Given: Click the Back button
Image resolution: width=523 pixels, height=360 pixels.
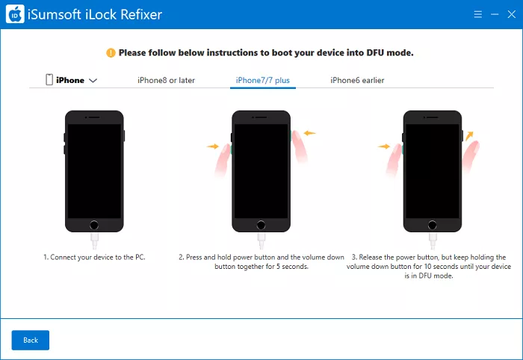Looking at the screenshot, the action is pos(31,340).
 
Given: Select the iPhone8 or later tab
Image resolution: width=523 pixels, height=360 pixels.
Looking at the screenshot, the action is pos(166,81).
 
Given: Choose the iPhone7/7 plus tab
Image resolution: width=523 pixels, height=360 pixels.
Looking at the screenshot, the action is pos(263,81).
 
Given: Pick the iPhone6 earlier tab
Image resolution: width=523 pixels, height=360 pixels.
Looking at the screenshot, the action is pos(357,81).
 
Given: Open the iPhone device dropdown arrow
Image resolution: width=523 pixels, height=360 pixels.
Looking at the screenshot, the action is pos(93,81).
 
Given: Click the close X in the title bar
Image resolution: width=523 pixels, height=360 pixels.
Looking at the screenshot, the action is pos(511,14).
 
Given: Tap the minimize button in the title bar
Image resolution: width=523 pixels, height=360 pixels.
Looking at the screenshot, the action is pos(495,14).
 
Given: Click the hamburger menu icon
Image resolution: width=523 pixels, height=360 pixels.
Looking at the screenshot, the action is pos(478,14).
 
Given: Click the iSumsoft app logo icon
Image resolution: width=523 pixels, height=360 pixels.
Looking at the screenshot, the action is pos(15,14).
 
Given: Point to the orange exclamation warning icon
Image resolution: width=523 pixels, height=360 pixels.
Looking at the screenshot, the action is pos(111,53).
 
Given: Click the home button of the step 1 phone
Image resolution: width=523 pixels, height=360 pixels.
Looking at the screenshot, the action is pos(94,225).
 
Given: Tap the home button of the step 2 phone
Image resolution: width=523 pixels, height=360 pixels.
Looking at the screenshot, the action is pos(261,225).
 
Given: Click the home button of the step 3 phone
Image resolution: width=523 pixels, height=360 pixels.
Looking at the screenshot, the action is pos(433,225).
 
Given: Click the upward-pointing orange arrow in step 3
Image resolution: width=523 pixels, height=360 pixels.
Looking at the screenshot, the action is pos(469,136).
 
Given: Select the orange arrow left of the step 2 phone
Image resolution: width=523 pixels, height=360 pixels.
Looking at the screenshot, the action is pos(213,146).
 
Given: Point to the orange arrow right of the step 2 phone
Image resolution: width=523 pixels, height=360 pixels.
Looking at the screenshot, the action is pos(309,134).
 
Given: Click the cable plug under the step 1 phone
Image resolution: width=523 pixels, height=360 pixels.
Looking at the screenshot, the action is pos(94,240).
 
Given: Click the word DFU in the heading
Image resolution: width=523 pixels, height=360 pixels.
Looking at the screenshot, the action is pos(375,53).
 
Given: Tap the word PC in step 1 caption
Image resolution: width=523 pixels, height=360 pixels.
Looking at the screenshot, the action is pos(140,258).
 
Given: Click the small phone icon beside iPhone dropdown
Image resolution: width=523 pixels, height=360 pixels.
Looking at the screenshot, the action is pos(49,80).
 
